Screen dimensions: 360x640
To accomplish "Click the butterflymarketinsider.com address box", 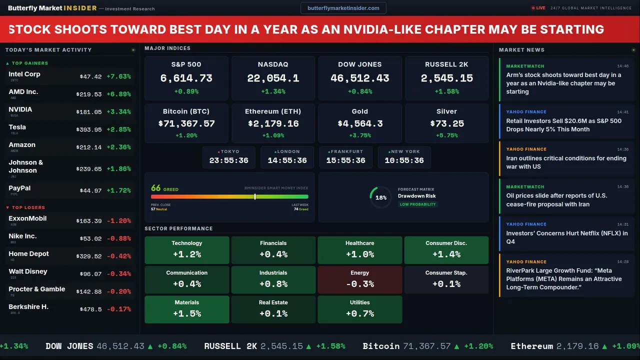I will [x=343, y=8].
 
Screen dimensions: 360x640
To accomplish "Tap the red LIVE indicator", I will [x=538, y=8].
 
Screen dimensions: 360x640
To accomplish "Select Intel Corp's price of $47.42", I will [x=90, y=76].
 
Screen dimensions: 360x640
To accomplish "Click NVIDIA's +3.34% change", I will [x=118, y=112].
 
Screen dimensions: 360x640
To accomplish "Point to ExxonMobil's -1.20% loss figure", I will [x=118, y=221].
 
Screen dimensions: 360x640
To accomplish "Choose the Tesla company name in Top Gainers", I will [x=17, y=127].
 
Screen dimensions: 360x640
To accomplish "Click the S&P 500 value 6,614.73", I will [x=186, y=78].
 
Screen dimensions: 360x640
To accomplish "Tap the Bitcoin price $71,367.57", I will [x=186, y=123].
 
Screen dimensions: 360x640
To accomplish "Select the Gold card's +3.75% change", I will [x=359, y=135].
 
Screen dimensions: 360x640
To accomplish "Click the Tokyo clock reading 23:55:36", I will [x=228, y=160].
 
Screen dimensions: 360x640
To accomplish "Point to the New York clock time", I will [x=404, y=160].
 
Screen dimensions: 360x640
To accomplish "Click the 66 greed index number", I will [x=156, y=188].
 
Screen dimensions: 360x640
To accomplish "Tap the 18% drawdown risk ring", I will [x=381, y=197].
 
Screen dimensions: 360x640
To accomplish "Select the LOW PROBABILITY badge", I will [x=417, y=204].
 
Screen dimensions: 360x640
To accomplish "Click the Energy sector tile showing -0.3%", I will [x=359, y=279].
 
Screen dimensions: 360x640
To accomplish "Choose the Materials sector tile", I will [x=186, y=309].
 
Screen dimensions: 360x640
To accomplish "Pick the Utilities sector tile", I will [x=359, y=309].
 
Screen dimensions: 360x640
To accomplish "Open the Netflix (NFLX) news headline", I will [x=566, y=237].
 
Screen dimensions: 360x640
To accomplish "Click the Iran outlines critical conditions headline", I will [x=566, y=162].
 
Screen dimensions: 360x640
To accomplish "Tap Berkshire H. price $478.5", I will [x=90, y=309].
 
